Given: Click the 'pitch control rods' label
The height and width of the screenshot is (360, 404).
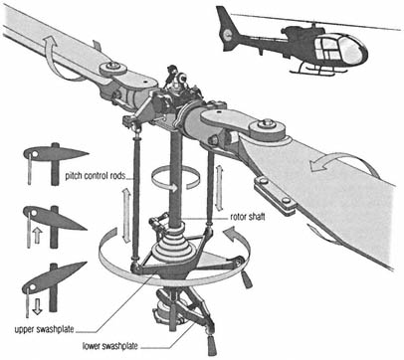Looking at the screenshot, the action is tap(96, 176).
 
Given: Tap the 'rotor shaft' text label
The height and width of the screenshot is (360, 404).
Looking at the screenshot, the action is tap(248, 217).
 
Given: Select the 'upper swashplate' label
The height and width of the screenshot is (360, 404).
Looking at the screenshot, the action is tap(44, 330).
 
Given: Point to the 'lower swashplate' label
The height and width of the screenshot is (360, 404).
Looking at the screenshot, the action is tap(110, 346).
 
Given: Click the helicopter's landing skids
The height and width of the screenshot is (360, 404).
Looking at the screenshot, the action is tap(317, 71).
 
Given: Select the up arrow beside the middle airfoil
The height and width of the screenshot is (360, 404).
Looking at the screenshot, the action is tap(37, 236).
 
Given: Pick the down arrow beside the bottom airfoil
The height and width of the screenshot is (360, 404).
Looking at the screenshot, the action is tap(37, 306).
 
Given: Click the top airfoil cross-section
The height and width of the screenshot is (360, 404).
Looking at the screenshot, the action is tap(56, 153).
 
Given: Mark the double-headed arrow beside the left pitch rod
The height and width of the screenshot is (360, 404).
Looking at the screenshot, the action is tap(126, 215).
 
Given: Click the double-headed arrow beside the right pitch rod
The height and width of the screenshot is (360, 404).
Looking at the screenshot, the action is tap(219, 188).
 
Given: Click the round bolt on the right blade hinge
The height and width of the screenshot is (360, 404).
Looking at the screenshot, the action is tap(266, 124).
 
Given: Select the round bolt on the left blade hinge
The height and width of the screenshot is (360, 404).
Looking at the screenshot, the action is tap(113, 66).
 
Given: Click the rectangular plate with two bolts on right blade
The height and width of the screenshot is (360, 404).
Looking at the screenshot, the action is tap(276, 196).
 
